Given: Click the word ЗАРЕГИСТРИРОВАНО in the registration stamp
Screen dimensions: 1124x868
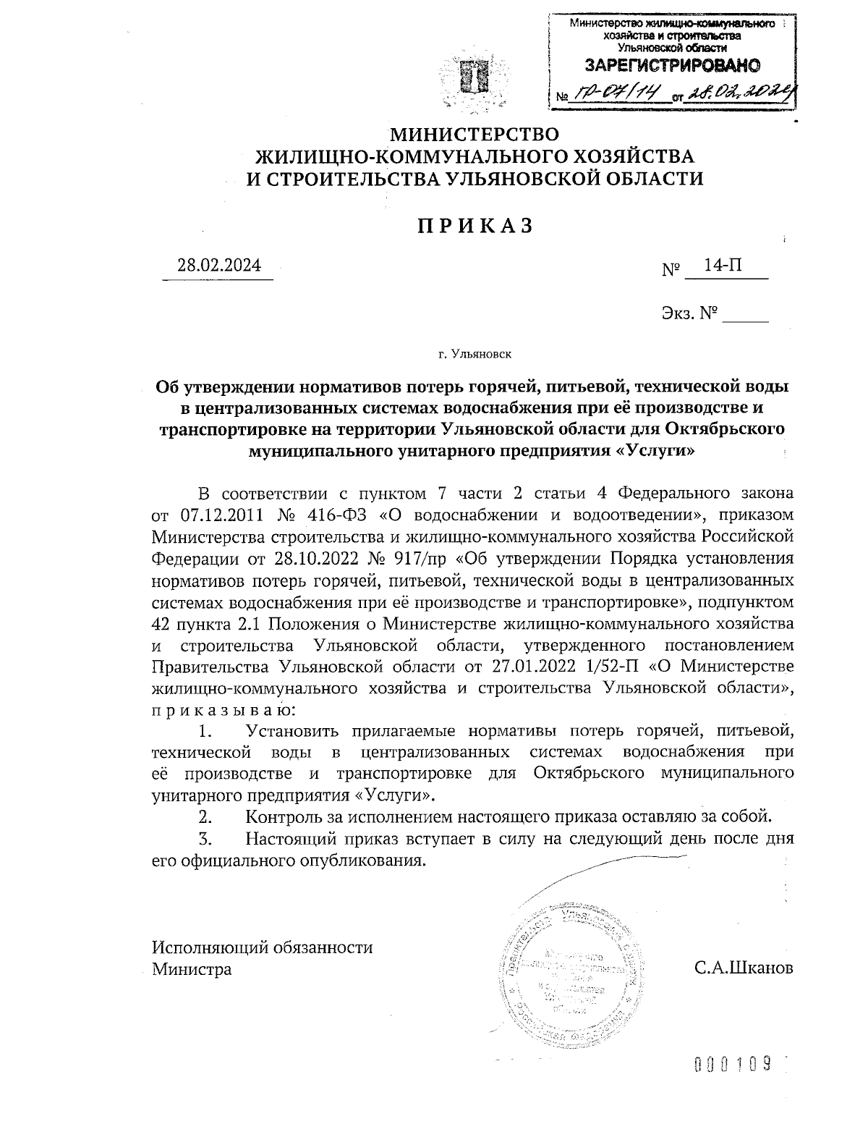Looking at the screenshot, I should click(x=672, y=66).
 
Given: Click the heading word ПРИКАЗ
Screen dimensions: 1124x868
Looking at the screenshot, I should click(x=475, y=227).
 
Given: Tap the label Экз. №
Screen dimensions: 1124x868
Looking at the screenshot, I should click(x=689, y=313).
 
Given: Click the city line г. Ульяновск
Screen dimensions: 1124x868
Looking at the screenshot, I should click(x=475, y=355).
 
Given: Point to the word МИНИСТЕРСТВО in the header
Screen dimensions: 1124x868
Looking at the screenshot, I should click(x=475, y=135).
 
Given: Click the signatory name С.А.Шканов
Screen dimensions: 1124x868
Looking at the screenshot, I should click(x=743, y=968).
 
